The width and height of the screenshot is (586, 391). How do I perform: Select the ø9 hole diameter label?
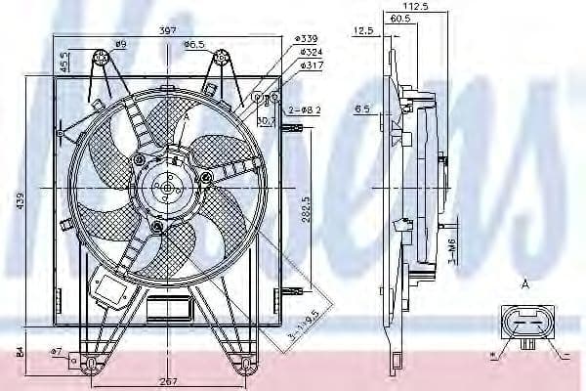click(x=121, y=45)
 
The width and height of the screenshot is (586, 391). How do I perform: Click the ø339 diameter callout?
click(x=312, y=37)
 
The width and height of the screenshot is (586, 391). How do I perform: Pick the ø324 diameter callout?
click(x=312, y=51)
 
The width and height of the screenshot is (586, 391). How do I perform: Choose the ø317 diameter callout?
click(x=312, y=65)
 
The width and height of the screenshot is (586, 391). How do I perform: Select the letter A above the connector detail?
click(x=525, y=285)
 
